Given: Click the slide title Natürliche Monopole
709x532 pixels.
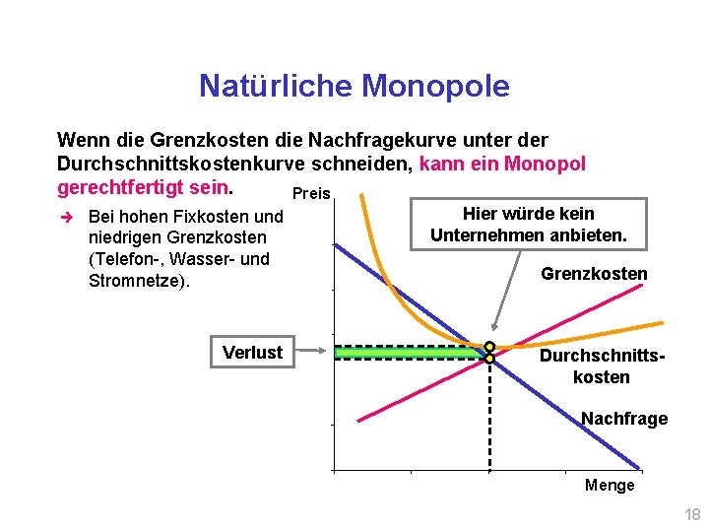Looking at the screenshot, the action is pos(354,87).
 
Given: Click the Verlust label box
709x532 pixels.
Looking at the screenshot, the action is pos(252,352).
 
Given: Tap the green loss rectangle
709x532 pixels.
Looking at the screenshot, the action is pos(409,352).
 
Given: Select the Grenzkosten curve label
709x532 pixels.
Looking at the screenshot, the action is pos(594,273).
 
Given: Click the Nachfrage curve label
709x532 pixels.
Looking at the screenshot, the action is pos(624,419).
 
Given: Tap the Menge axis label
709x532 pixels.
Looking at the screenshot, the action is pos(610,485).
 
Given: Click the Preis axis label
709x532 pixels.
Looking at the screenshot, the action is pos(311,194).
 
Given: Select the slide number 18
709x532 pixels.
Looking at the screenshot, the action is pos(692,514).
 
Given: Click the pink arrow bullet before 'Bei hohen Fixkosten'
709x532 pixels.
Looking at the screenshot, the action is pos(65,216).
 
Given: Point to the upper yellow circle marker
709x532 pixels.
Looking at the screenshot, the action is pos(489,347).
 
